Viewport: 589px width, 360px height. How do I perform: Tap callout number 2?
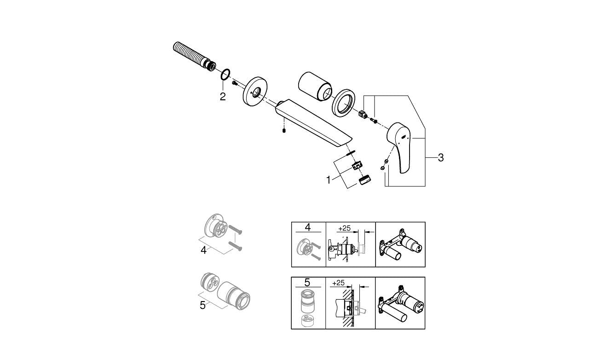pos(223,97)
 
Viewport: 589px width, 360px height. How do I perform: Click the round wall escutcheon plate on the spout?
pos(254,92)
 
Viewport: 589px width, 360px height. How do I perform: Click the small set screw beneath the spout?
pos(284,131)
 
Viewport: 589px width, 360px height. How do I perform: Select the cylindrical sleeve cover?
pos(315,86)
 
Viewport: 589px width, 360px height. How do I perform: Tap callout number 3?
pos(441,157)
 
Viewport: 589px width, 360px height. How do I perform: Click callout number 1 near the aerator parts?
pos(328,180)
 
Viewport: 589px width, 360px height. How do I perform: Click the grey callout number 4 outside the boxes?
pos(203,250)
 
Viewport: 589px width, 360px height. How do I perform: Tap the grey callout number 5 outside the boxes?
pos(202,305)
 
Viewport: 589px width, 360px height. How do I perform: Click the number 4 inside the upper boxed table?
pos(308,227)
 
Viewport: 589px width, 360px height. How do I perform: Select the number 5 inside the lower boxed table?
pos(307,282)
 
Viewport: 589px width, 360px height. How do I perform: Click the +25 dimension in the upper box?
pos(345,228)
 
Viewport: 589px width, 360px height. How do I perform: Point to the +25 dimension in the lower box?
pos(338,283)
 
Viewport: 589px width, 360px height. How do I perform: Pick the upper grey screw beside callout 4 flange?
pos(235,229)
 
